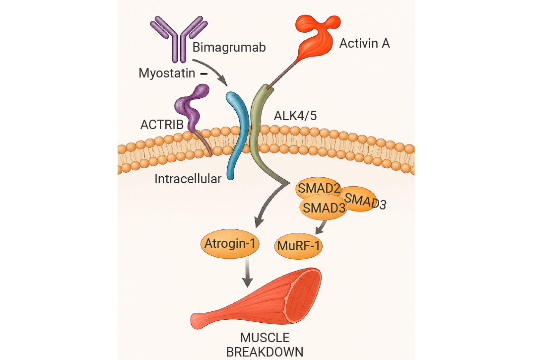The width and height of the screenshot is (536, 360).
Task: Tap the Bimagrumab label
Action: click(229, 47)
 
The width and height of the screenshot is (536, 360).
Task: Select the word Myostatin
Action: click(167, 73)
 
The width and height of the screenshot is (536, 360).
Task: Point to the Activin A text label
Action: click(364, 43)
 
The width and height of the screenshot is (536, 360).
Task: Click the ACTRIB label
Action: click(162, 125)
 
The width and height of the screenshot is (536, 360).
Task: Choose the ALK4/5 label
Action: click(295, 116)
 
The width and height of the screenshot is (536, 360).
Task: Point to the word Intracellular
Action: click(188, 179)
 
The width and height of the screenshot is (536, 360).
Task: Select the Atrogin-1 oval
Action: click(230, 244)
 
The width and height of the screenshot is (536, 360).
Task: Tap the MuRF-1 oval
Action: click(298, 246)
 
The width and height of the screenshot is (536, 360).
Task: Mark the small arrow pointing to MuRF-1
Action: click(321, 227)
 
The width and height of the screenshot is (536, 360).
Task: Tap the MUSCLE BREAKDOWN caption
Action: click(265, 345)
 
